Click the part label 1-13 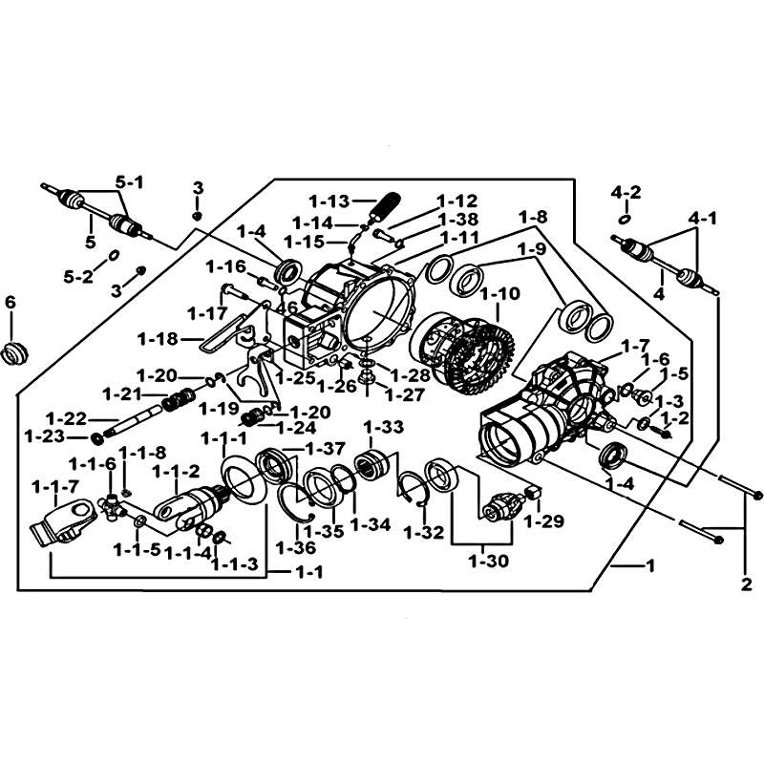[329, 201]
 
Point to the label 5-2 [78, 276]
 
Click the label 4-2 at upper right [626, 193]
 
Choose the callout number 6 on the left [11, 302]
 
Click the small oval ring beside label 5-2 [113, 255]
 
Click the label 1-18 [158, 338]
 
